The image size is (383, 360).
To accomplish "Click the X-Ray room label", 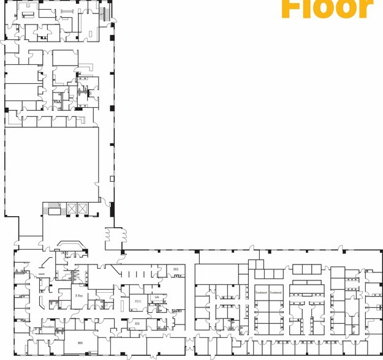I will coord(79,295).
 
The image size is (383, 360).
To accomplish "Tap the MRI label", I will coord(80,343).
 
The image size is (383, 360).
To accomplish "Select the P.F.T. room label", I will coord(138,301).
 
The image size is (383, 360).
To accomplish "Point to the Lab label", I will coord(157,298).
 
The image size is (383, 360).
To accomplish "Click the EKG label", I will coord(175,269).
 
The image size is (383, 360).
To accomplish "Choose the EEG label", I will coord(137,323).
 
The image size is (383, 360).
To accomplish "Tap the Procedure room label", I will coord(49,327).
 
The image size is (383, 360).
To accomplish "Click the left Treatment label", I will coord(261,293).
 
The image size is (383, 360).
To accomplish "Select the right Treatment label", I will coord(276,293).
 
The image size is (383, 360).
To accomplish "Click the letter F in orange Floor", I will coord(292,8).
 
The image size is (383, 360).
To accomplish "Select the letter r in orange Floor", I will coord(365,8).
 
